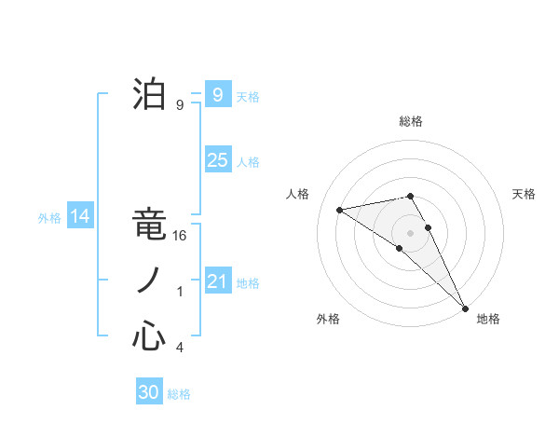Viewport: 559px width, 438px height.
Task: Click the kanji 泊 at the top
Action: [x=149, y=95]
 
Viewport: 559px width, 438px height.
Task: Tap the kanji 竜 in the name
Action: [x=149, y=226]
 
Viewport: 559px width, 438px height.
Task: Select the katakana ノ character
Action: [x=149, y=281]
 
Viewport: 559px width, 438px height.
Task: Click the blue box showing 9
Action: [x=217, y=94]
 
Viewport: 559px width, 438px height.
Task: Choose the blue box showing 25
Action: [x=217, y=159]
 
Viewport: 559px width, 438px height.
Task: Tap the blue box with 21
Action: [x=217, y=281]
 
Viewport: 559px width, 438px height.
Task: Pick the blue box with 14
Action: [x=80, y=216]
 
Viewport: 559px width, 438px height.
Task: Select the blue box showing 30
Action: [x=149, y=392]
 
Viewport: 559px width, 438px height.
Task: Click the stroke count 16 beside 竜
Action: [x=181, y=236]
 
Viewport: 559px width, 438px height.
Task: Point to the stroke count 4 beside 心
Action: [x=180, y=348]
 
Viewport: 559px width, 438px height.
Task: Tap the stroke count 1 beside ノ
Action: [x=180, y=292]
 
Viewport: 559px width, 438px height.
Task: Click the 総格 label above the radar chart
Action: [x=411, y=121]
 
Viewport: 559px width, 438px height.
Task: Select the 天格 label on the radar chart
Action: [x=525, y=194]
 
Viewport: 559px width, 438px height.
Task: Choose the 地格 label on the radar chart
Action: [x=488, y=319]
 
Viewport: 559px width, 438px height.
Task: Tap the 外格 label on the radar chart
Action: [x=328, y=319]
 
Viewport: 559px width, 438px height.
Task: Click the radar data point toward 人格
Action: [x=340, y=210]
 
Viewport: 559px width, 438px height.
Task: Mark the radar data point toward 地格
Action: [x=464, y=307]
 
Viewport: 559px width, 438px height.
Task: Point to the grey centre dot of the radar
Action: [x=410, y=232]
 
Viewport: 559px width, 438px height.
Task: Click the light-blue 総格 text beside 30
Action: [x=179, y=394]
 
